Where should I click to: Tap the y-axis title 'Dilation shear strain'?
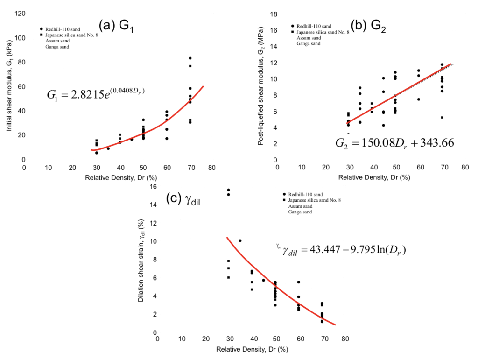(x=141, y=267)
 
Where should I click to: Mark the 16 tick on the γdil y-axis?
(x=153, y=187)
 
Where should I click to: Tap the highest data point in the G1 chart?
(x=190, y=58)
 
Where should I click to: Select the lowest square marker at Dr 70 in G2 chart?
(x=442, y=118)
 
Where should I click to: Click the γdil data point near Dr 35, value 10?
(x=240, y=241)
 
